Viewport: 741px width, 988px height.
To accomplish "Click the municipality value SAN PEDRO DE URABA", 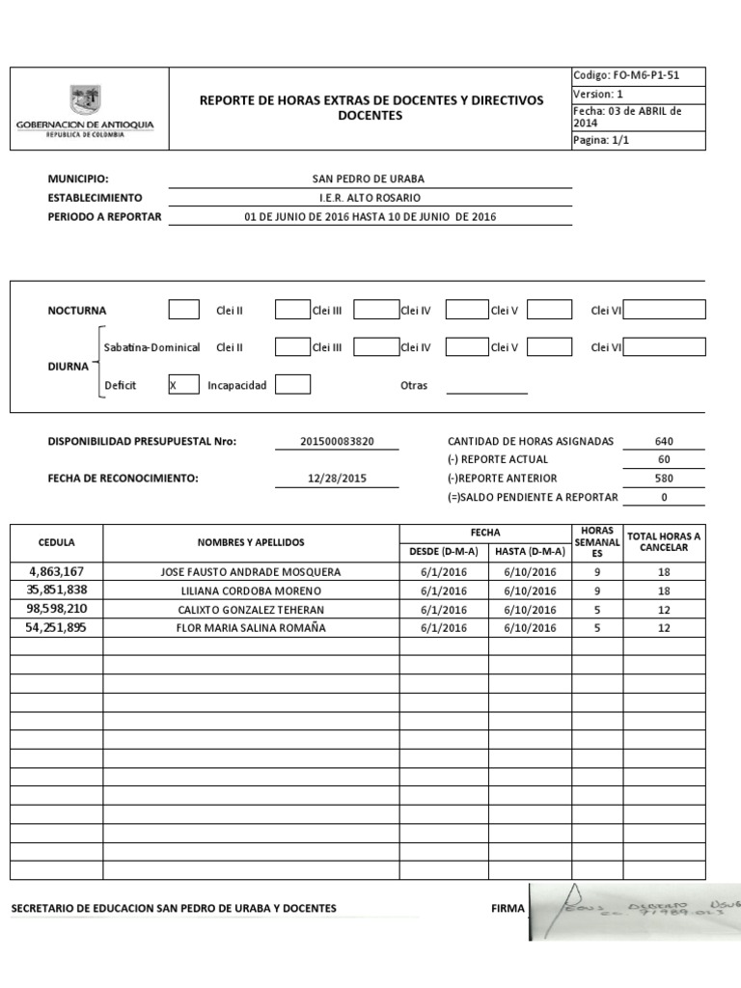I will (368, 178).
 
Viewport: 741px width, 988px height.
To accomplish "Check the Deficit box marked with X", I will (183, 385).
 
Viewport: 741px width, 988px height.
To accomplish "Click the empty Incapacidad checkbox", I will (292, 385).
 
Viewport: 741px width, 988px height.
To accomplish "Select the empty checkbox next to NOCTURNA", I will (183, 310).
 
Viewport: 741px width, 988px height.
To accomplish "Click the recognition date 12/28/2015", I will (337, 479).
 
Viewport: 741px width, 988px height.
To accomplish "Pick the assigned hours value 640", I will (664, 441).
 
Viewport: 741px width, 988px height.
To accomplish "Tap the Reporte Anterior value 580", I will (664, 479).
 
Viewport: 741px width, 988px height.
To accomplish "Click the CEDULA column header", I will (56, 542).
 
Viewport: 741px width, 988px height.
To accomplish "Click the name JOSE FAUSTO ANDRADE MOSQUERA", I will (251, 571).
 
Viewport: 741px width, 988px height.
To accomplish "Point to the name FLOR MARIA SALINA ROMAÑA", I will (251, 628).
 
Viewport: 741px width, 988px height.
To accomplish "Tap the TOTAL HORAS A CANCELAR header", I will (664, 541).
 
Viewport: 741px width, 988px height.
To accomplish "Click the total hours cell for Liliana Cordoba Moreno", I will (664, 590).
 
